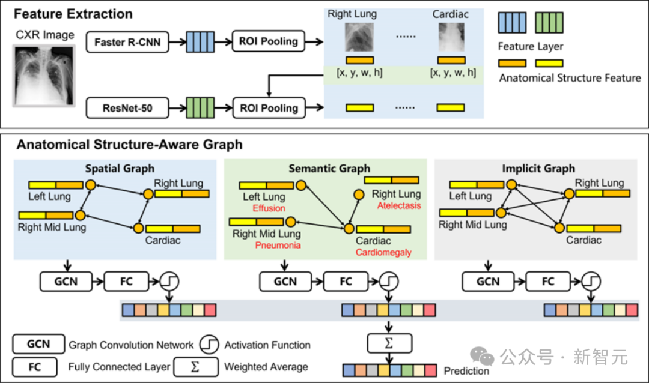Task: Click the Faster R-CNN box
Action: click(x=127, y=42)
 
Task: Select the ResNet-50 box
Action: click(x=127, y=108)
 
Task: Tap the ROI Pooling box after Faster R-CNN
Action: click(x=269, y=41)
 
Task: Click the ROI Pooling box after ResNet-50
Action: click(x=269, y=108)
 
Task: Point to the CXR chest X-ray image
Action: click(x=44, y=76)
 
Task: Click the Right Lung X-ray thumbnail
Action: click(x=359, y=37)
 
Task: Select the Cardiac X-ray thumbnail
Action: click(x=451, y=37)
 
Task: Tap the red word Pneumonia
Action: click(x=278, y=246)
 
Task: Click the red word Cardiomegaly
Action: click(x=383, y=252)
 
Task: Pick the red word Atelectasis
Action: click(x=399, y=205)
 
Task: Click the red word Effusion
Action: click(x=269, y=208)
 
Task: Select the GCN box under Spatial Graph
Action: click(x=66, y=282)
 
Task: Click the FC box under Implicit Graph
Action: click(x=548, y=282)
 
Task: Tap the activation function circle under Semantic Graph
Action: click(x=389, y=282)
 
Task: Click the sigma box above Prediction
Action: click(x=389, y=343)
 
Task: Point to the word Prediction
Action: click(x=466, y=370)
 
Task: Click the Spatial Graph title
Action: click(x=120, y=168)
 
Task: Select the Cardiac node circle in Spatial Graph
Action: click(x=139, y=228)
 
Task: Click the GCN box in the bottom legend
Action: click(x=38, y=344)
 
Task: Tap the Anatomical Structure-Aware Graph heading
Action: click(x=130, y=145)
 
